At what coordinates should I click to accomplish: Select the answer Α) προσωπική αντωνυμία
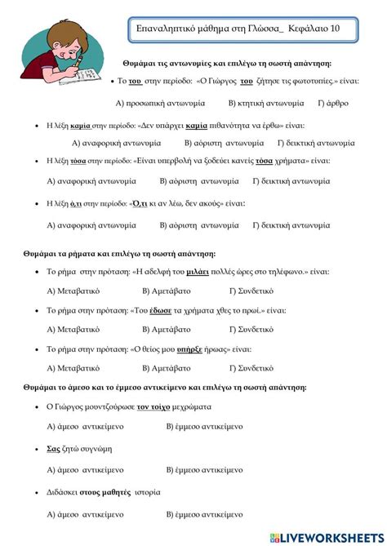161,104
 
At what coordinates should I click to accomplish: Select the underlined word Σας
53,448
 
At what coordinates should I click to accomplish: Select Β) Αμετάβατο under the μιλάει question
167,290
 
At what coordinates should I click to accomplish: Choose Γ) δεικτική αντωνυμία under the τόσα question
291,181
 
